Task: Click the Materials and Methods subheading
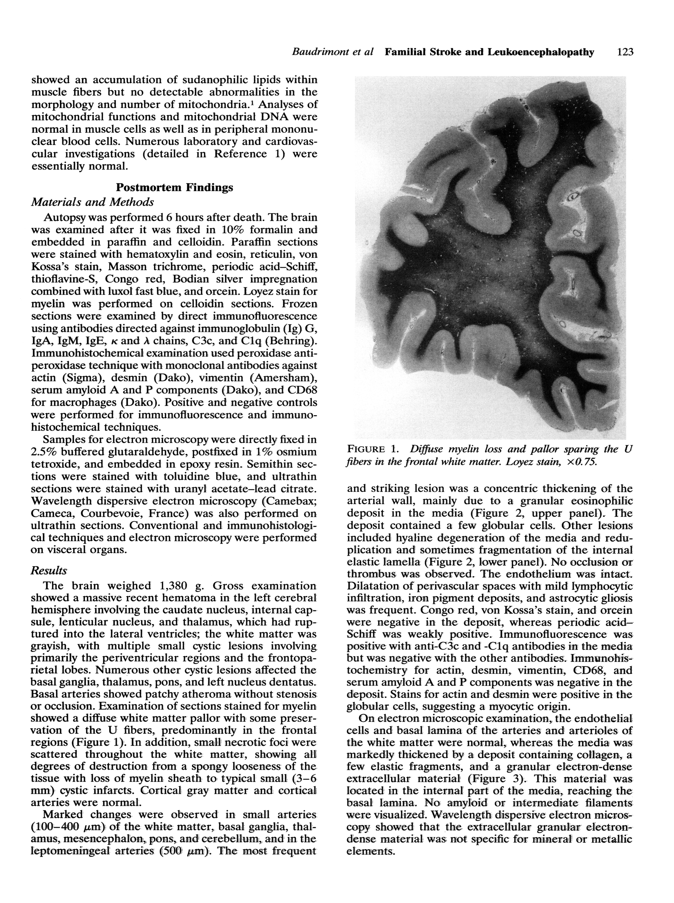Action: pos(93,202)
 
